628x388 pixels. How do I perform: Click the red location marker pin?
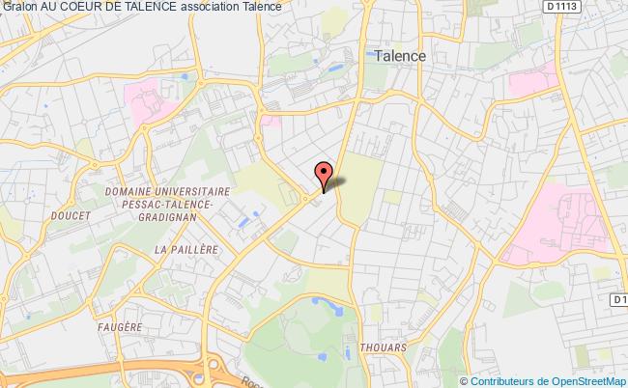pos(323,173)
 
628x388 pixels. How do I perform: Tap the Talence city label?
pos(395,56)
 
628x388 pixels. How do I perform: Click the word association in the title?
pos(208,7)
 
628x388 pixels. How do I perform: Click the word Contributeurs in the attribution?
pos(509,380)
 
